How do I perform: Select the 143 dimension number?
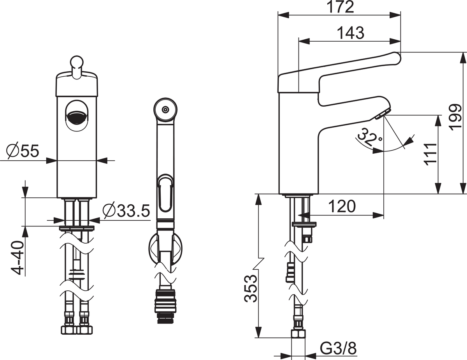pyautogui.click(x=351, y=33)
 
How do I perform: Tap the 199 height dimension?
pyautogui.click(x=455, y=118)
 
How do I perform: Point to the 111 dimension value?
pyautogui.click(x=431, y=154)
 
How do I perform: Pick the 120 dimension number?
pyautogui.click(x=342, y=206)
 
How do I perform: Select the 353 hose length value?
pyautogui.click(x=251, y=289)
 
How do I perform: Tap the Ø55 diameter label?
pyautogui.click(x=23, y=151)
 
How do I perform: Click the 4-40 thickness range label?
pyautogui.click(x=17, y=258)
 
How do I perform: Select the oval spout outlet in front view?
pyautogui.click(x=77, y=116)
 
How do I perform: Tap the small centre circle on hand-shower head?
pyautogui.click(x=165, y=110)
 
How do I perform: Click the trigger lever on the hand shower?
pyautogui.click(x=165, y=193)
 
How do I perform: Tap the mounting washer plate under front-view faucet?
pyautogui.click(x=77, y=228)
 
